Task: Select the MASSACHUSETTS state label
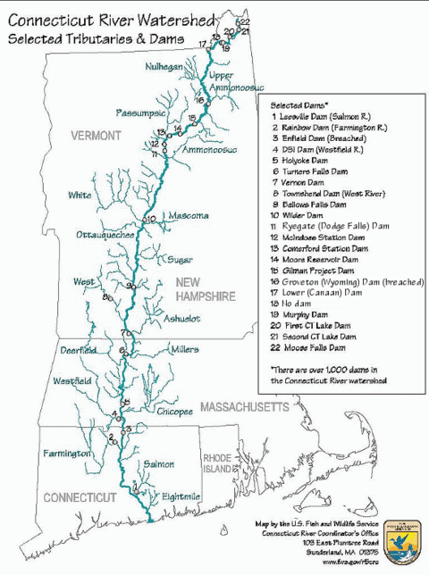244,407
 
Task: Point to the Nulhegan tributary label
164,67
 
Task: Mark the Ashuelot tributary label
181,318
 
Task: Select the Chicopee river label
173,412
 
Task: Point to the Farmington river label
67,454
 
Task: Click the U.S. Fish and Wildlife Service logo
406,537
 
